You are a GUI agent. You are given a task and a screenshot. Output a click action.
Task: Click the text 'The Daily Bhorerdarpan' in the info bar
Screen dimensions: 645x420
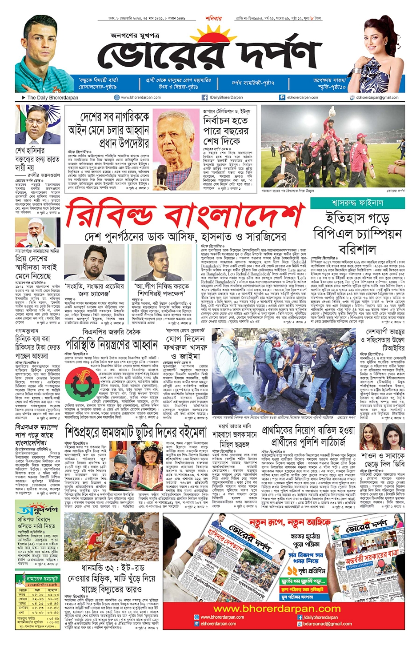pyautogui.click(x=52, y=97)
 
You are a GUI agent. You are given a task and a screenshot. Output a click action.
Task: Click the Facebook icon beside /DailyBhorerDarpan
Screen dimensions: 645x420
pyautogui.click(x=204, y=97)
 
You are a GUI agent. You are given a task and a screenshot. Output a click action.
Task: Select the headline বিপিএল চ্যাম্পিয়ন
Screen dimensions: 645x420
pyautogui.click(x=357, y=233)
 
